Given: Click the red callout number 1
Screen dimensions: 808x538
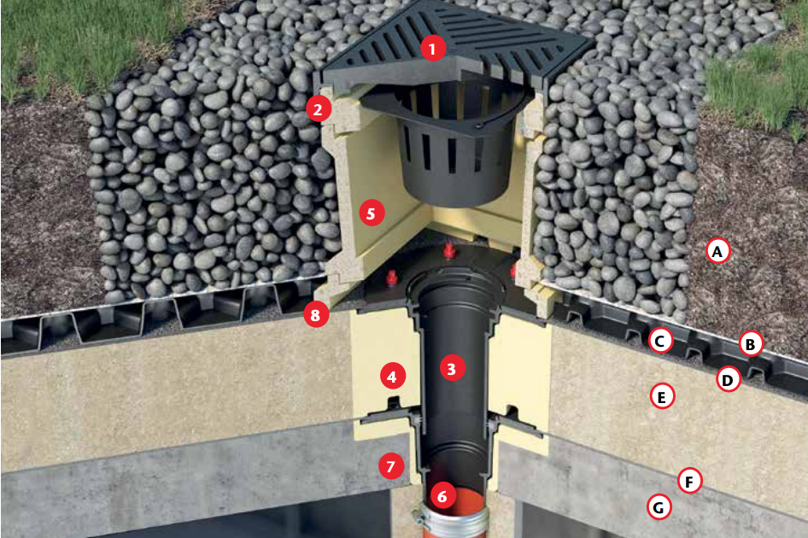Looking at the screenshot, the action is point(433,49).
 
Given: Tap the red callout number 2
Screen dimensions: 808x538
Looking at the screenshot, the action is point(318,108).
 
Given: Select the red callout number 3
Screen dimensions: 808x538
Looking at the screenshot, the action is point(452,368).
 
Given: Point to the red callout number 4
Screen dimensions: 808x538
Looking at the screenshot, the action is point(392,377).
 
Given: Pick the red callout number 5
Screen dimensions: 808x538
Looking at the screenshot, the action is point(372,213).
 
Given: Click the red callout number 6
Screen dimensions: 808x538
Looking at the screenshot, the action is point(442,496).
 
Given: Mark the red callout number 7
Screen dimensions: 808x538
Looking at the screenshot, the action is point(391,466).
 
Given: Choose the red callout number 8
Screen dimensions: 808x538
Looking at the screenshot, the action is point(315,314).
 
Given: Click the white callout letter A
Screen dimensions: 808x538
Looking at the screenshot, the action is point(717,251).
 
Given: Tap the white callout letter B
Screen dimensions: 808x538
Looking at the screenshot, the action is point(751,343).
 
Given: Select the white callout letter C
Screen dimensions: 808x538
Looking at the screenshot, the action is point(660,340).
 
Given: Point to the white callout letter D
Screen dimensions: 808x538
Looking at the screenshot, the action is point(728,379).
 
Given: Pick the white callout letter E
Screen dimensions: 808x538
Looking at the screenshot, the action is point(662,396).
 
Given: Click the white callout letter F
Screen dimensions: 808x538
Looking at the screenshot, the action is point(689,481).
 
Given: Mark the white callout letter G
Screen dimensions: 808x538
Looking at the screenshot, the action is point(659,507).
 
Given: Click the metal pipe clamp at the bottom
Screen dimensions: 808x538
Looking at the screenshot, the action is point(451,520).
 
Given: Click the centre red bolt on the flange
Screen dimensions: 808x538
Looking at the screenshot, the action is point(449,250).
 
